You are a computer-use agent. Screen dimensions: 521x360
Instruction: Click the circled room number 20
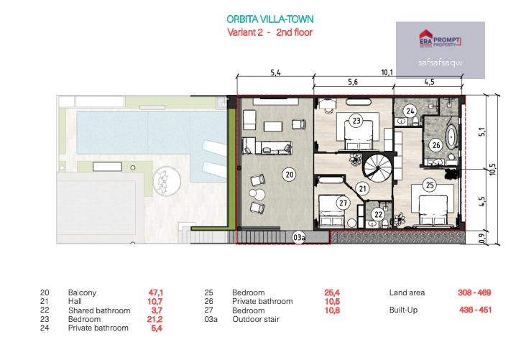click(290, 175)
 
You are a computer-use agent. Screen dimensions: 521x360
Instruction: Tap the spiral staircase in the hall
click(378, 167)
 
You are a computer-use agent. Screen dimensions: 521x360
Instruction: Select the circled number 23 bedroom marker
click(356, 120)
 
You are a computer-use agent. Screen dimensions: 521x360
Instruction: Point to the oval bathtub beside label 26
click(452, 137)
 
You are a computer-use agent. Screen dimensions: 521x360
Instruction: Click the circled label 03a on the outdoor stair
click(298, 237)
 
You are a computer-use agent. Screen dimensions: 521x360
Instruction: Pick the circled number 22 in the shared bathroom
click(378, 214)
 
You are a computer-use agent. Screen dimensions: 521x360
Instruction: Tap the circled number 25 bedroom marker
click(430, 185)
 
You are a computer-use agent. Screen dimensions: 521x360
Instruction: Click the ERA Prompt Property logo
click(440, 40)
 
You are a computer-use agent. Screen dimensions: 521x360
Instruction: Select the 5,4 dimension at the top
click(275, 73)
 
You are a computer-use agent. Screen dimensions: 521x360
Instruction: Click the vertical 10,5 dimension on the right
click(493, 169)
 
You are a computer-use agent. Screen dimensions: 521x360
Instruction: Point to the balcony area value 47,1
click(155, 292)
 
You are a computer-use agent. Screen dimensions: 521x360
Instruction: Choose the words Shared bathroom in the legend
click(99, 310)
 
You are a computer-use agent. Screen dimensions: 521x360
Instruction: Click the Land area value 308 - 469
click(474, 292)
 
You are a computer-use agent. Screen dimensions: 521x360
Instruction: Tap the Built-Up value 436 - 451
click(475, 310)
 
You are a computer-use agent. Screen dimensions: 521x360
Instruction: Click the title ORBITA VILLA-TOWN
click(269, 19)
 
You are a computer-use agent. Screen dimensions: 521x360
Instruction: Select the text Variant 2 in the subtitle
click(245, 32)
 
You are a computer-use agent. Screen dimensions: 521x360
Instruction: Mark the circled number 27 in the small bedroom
click(343, 203)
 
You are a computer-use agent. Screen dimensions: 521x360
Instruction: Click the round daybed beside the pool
click(167, 181)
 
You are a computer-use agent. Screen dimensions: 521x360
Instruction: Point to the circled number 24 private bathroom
click(410, 111)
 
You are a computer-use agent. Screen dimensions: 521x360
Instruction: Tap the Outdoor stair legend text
click(256, 319)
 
